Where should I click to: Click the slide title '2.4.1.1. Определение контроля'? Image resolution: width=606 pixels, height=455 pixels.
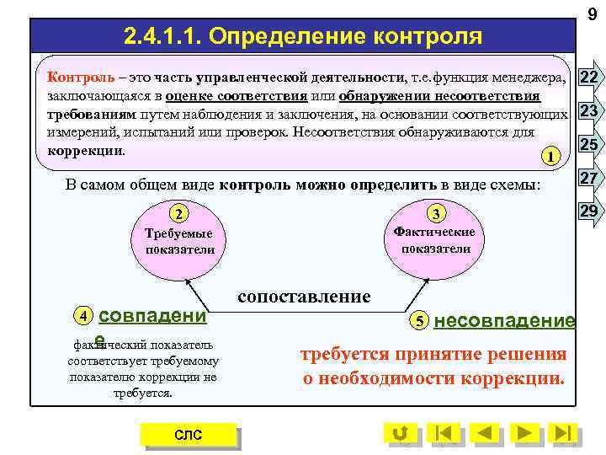pos(303,36)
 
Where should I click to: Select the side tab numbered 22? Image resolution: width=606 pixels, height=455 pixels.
pos(590,78)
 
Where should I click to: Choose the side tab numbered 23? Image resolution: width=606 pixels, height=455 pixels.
pos(590,111)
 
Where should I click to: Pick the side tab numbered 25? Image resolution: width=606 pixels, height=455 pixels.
pos(590,145)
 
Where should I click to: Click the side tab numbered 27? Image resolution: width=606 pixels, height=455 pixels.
pos(590,178)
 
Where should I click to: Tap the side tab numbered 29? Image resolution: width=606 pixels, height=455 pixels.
pos(590,211)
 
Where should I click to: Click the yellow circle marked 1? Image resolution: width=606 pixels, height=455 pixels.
pos(550,156)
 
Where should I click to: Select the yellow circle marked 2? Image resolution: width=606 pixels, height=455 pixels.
pos(178,213)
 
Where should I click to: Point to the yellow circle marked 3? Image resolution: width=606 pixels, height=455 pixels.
pos(435,213)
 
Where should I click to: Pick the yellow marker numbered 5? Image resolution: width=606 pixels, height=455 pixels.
pos(418,321)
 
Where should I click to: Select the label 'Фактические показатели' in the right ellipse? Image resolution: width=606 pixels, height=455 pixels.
pos(435,240)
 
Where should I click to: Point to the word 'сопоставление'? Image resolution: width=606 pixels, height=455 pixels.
pos(304,296)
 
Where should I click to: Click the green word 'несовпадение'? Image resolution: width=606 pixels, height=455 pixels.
pos(504,320)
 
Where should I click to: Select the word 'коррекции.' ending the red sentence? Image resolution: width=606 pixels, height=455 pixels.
pos(519,378)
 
